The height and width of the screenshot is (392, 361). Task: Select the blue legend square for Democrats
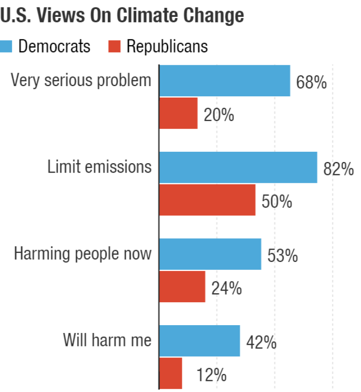point(7,46)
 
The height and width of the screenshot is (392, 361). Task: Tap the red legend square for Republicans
point(114,46)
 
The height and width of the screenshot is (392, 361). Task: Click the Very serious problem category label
point(81,80)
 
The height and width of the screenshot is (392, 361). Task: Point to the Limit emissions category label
point(99,167)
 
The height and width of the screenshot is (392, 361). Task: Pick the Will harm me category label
point(107,340)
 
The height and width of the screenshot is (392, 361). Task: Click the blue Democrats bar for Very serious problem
point(224,81)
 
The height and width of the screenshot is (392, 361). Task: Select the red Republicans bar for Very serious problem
point(178,113)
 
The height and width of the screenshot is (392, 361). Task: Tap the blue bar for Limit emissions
point(238,167)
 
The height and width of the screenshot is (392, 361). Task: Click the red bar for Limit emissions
point(207,200)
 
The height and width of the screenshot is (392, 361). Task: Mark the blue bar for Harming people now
point(210,254)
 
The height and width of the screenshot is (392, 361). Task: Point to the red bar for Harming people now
point(182,287)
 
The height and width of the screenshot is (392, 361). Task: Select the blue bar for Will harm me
point(199,341)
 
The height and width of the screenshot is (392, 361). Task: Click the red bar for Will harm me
point(171,373)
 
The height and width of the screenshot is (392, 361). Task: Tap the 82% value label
point(338,169)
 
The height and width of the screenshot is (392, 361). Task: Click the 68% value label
point(311,83)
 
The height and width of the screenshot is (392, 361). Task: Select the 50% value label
point(276,202)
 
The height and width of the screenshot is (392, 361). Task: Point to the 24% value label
point(226,289)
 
